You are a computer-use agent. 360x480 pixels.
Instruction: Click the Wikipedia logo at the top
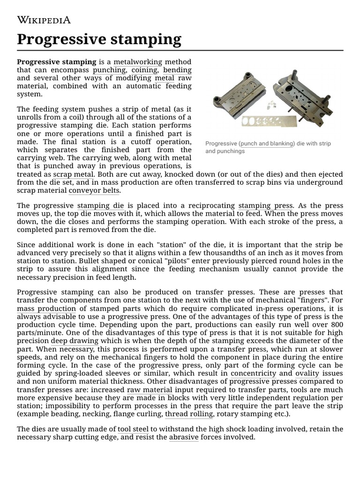click(44, 19)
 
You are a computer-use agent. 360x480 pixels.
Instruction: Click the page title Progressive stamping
click(99, 39)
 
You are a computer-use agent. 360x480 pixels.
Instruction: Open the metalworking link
click(138, 62)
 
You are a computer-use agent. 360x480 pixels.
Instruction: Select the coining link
click(144, 70)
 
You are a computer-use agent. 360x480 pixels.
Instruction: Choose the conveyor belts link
click(94, 191)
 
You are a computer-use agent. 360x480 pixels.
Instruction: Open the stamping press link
click(266, 206)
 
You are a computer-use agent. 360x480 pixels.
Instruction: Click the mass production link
click(46, 309)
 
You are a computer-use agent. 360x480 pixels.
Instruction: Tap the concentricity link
click(253, 374)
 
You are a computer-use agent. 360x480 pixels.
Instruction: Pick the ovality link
click(307, 374)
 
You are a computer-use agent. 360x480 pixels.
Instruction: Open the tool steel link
click(133, 429)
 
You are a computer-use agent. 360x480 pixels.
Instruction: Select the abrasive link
click(184, 437)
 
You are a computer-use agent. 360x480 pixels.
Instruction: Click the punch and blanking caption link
click(266, 143)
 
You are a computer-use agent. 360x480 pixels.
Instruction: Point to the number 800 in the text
click(336, 325)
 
